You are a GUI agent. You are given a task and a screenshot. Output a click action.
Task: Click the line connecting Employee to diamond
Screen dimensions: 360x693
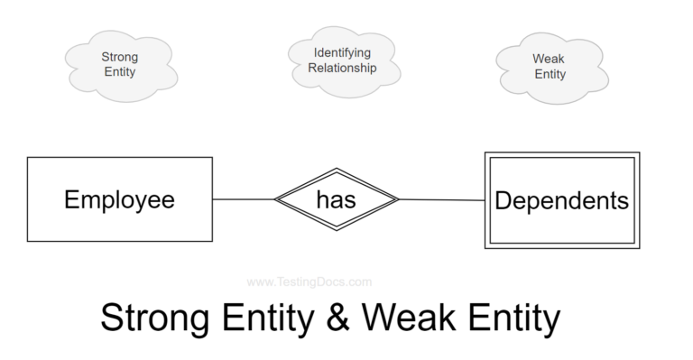click(x=243, y=199)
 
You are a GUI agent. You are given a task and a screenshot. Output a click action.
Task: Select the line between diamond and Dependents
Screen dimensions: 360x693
click(x=442, y=200)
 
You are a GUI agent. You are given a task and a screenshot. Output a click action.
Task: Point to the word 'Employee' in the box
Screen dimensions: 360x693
click(x=119, y=200)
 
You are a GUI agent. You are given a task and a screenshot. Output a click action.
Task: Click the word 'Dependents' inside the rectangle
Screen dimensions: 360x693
click(x=561, y=200)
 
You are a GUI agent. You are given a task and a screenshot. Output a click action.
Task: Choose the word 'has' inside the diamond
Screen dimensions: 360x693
click(x=336, y=200)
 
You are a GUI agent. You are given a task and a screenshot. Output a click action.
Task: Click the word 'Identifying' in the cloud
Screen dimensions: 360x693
click(x=342, y=53)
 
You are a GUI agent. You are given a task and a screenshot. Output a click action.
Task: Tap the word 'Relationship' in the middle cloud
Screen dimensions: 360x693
click(x=342, y=69)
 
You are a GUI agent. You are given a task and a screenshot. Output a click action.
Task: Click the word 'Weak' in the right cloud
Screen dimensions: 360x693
click(x=549, y=59)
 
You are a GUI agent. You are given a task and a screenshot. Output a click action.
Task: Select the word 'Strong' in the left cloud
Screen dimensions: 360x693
click(x=119, y=57)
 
